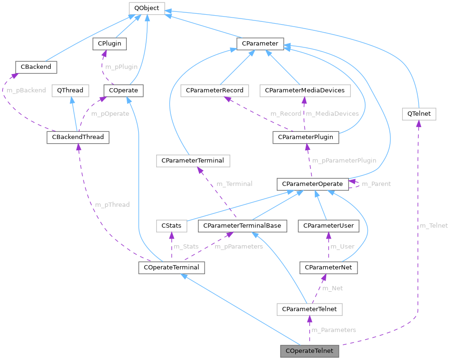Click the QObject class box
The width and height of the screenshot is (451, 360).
(x=147, y=8)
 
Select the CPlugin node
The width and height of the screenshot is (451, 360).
(x=109, y=44)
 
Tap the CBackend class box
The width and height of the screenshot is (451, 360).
(x=36, y=67)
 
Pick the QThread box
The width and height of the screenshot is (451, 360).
(x=70, y=90)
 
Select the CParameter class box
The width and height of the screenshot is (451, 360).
(x=260, y=44)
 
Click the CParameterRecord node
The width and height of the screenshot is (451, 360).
(x=215, y=90)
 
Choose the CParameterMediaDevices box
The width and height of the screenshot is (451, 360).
(x=305, y=90)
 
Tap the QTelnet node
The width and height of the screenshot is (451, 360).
(x=419, y=114)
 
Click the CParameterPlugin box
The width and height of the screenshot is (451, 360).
(x=306, y=138)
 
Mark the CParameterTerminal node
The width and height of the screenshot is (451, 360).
(x=193, y=161)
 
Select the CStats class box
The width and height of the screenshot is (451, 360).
(x=171, y=226)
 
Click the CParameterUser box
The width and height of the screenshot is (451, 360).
(x=328, y=226)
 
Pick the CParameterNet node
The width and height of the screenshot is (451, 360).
(x=329, y=268)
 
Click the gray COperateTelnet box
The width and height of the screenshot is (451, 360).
(x=310, y=351)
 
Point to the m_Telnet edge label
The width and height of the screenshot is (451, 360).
(x=433, y=226)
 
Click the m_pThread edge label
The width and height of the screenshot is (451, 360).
(x=112, y=205)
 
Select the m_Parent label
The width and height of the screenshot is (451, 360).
(x=376, y=184)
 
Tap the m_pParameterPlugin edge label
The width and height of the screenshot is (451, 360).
(x=344, y=160)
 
